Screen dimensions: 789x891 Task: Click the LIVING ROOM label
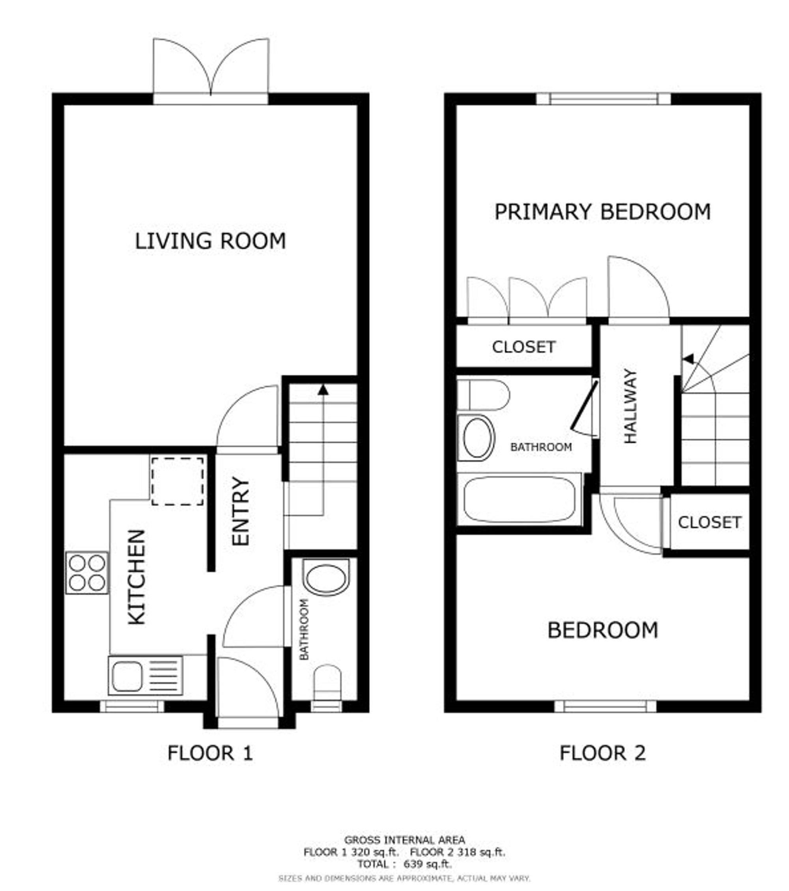pos(210,241)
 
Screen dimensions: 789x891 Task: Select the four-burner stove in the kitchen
pos(87,573)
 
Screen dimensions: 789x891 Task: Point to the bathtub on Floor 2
pos(520,499)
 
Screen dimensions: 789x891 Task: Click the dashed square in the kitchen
pos(178,481)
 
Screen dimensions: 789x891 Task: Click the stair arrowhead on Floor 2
pos(688,359)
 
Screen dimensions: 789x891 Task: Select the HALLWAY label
pos(630,407)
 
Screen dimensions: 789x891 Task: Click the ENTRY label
pos(240,511)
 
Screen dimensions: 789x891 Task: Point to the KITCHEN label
pos(136,577)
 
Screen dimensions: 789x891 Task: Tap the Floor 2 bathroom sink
pos(477,438)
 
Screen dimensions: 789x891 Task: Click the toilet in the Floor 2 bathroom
pos(483,395)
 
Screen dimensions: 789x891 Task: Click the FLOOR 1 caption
pos(210,753)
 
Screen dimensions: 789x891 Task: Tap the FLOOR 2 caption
pos(602,753)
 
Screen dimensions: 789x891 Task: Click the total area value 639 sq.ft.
pos(428,864)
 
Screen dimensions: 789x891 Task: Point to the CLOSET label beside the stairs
pos(709,522)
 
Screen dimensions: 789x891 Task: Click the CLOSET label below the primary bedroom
pos(524,347)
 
